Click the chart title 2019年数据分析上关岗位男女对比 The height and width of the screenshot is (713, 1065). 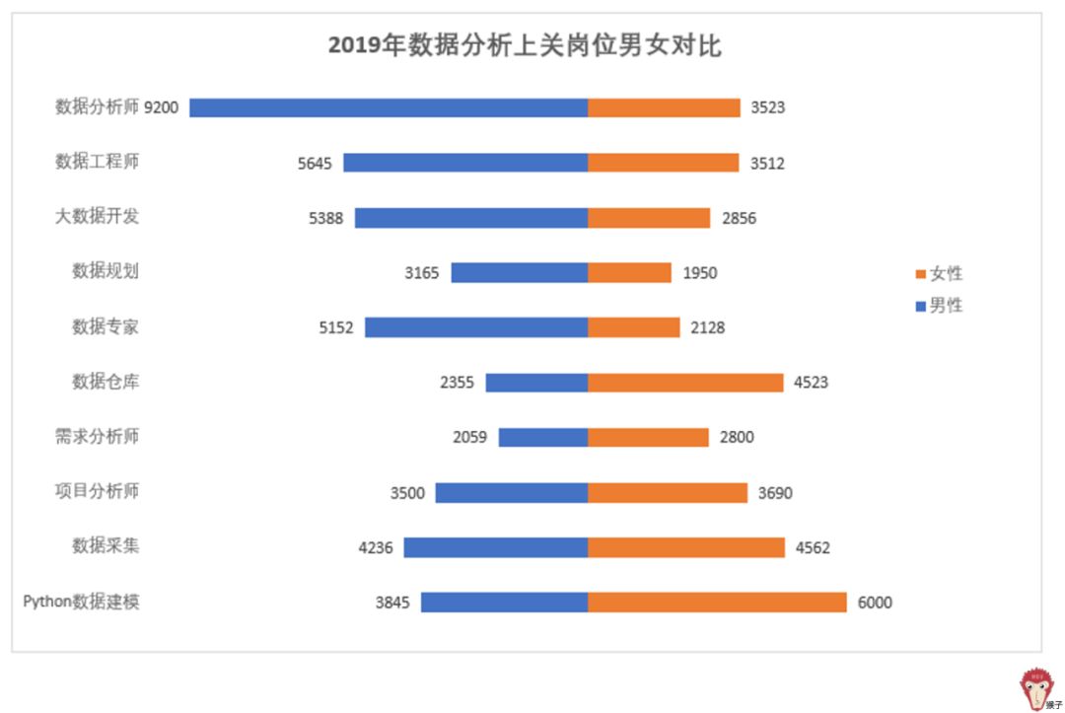point(525,45)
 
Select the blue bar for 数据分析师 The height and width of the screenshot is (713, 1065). point(389,107)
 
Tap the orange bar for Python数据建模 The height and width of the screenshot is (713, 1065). point(717,602)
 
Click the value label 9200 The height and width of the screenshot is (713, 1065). point(162,107)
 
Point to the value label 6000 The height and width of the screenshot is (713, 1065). point(875,602)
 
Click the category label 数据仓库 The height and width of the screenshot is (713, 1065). point(106,382)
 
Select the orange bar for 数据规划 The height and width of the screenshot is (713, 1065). point(629,272)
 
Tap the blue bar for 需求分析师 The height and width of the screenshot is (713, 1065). point(543,437)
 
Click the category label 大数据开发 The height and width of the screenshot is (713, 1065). point(98,216)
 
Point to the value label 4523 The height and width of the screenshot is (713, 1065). point(811,382)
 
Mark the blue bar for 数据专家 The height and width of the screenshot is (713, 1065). point(476,327)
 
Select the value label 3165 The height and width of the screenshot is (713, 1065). point(422,272)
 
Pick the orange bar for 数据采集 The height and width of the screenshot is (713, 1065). point(686,546)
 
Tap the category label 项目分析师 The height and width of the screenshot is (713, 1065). point(98,491)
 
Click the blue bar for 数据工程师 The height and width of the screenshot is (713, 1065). point(465,163)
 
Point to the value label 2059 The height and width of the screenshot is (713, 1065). point(469,437)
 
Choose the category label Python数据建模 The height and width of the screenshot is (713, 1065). point(82,602)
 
